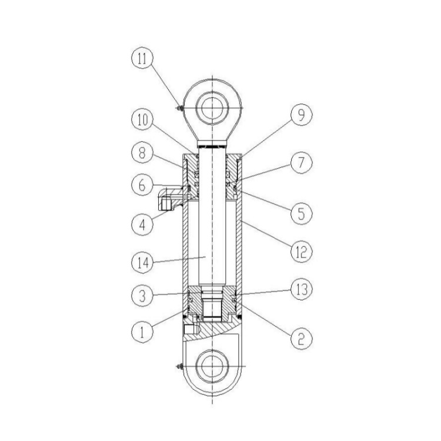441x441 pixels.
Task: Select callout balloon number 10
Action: point(142,122)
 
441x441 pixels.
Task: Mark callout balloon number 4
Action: point(142,224)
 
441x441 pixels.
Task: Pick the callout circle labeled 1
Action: point(142,330)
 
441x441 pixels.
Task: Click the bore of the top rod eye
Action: point(213,109)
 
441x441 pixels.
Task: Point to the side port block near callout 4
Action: point(167,201)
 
